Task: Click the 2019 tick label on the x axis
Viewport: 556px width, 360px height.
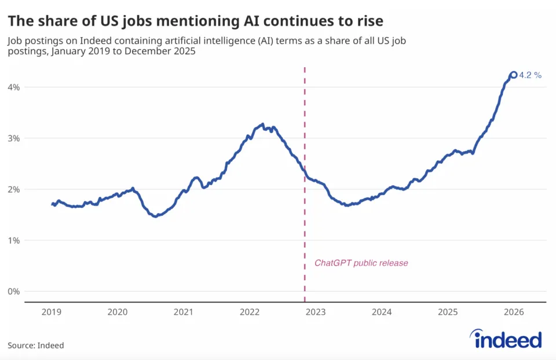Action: point(52,313)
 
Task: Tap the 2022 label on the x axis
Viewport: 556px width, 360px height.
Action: point(250,313)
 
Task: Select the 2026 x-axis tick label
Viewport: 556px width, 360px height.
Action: point(514,313)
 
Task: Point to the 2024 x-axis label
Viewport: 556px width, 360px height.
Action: point(382,313)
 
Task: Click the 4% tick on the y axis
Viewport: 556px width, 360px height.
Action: point(13,87)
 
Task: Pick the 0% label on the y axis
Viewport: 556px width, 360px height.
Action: point(13,291)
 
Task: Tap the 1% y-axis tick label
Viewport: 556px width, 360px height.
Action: point(13,240)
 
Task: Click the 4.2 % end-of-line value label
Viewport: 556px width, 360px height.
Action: point(531,75)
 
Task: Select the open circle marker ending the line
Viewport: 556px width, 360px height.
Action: point(513,75)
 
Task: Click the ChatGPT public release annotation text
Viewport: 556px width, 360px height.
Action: point(361,263)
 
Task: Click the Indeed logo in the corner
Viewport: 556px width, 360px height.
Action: point(506,339)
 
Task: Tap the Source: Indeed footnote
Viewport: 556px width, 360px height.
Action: point(35,346)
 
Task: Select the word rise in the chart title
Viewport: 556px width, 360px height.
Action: point(368,21)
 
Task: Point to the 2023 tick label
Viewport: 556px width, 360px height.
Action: point(316,313)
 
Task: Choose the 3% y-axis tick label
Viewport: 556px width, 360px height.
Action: point(13,138)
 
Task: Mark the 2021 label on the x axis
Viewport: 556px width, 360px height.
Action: point(184,313)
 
